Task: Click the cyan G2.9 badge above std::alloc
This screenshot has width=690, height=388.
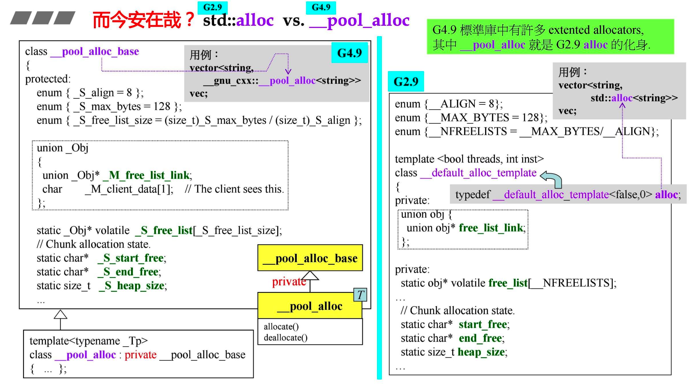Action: pyautogui.click(x=212, y=8)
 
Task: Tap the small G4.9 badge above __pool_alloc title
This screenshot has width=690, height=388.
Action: pyautogui.click(x=321, y=8)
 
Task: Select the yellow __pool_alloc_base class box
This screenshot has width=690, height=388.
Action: pyautogui.click(x=310, y=258)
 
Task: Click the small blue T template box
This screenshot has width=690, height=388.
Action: pyautogui.click(x=360, y=295)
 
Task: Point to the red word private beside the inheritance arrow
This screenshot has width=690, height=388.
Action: pyautogui.click(x=289, y=282)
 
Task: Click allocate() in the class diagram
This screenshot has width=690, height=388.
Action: pyautogui.click(x=281, y=327)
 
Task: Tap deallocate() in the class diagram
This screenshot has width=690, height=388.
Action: pyautogui.click(x=286, y=338)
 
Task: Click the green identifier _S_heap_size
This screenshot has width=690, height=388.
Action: pyautogui.click(x=132, y=286)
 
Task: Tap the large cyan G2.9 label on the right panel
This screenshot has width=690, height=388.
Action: pyautogui.click(x=406, y=81)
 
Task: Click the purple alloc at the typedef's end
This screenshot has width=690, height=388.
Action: pyautogui.click(x=666, y=195)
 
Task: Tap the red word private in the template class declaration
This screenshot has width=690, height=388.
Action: pyautogui.click(x=140, y=355)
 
